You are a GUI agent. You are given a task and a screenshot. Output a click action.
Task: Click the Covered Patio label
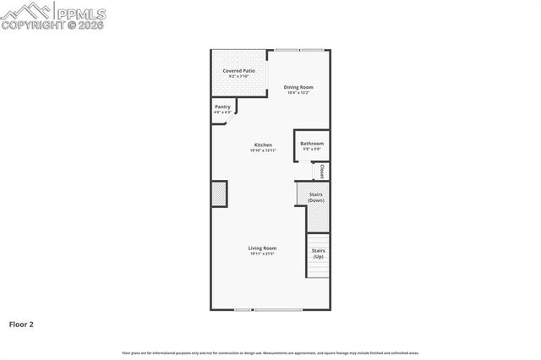(239, 71)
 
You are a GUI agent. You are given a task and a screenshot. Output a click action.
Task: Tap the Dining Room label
(298, 87)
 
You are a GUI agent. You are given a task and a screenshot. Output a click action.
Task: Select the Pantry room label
(222, 106)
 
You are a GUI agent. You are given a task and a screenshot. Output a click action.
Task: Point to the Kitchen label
(263, 145)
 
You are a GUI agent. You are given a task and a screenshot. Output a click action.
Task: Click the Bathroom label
(311, 144)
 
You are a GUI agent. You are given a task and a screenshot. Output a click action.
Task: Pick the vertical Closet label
(322, 172)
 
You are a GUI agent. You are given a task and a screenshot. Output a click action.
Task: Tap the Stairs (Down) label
(315, 198)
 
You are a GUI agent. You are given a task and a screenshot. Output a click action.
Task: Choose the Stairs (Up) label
(318, 253)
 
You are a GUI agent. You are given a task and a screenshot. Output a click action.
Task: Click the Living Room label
(262, 248)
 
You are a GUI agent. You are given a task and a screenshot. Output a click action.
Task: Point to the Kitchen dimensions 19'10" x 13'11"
(263, 150)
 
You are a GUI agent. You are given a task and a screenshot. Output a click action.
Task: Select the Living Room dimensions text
(262, 254)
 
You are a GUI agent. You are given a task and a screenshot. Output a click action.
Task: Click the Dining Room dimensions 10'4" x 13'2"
(298, 93)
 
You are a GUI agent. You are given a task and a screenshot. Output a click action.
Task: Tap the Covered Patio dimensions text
(239, 77)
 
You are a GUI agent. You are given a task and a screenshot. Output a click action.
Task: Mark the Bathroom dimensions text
(311, 150)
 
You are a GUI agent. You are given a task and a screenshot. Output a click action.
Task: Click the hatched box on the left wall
(219, 194)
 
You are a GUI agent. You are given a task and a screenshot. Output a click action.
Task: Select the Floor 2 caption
(21, 323)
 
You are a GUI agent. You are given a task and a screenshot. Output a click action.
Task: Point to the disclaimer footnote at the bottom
(270, 352)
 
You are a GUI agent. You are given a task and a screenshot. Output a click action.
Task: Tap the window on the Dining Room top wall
(298, 51)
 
